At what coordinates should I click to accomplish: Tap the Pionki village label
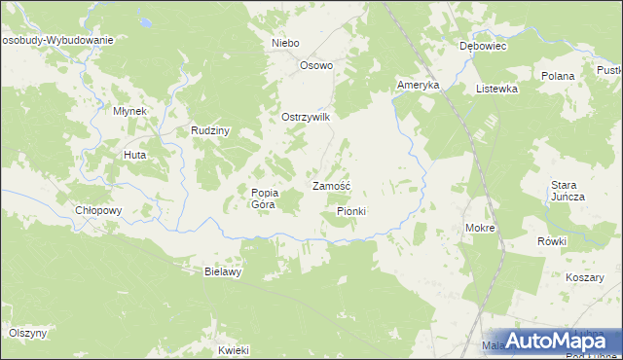[x=351, y=210]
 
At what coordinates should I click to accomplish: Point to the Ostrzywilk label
[x=307, y=117]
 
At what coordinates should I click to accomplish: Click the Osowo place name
[x=316, y=66]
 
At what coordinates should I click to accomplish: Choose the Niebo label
[x=285, y=44]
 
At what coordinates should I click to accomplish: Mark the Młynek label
[x=129, y=111]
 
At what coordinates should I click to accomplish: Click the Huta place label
[x=134, y=155]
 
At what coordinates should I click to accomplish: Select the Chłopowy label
[x=97, y=210]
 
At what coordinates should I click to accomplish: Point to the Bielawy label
[x=222, y=271]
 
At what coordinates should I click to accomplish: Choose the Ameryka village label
[x=419, y=86]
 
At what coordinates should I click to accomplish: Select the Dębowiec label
[x=481, y=45]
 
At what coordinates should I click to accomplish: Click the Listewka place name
[x=496, y=88]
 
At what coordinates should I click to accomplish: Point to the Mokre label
[x=481, y=228]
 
